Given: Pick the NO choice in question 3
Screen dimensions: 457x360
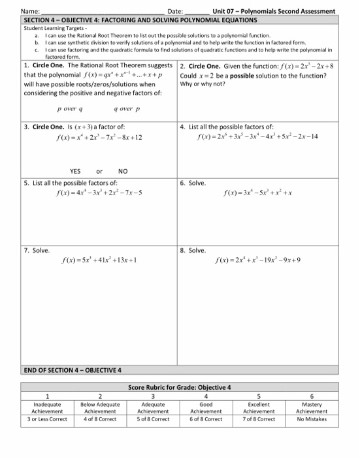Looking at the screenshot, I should [123, 171].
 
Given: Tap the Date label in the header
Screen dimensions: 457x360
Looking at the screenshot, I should [176, 11].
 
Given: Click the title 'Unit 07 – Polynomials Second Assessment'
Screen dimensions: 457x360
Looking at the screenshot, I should [273, 11].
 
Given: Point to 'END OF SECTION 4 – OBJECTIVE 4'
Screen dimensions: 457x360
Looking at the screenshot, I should [73, 370].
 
